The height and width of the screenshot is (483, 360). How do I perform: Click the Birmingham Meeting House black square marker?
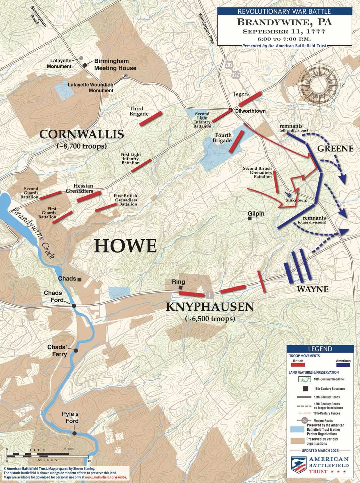coord(85,65)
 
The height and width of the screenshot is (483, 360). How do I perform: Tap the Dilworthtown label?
coord(250,111)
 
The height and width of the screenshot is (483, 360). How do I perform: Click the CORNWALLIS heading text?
coord(82,135)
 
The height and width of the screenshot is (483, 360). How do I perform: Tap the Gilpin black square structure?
coord(250,219)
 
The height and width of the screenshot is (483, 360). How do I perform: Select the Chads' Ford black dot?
coord(74,306)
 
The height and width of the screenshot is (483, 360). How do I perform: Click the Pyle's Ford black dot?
coord(75,433)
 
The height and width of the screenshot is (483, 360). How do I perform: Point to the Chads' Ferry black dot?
coord(76,351)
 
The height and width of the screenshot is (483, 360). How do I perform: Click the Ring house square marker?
coord(181,287)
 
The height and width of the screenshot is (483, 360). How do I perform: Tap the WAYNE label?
coord(312,289)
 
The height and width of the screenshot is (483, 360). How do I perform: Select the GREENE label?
coord(335,149)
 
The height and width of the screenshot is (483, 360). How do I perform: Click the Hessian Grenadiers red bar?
coord(89,197)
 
